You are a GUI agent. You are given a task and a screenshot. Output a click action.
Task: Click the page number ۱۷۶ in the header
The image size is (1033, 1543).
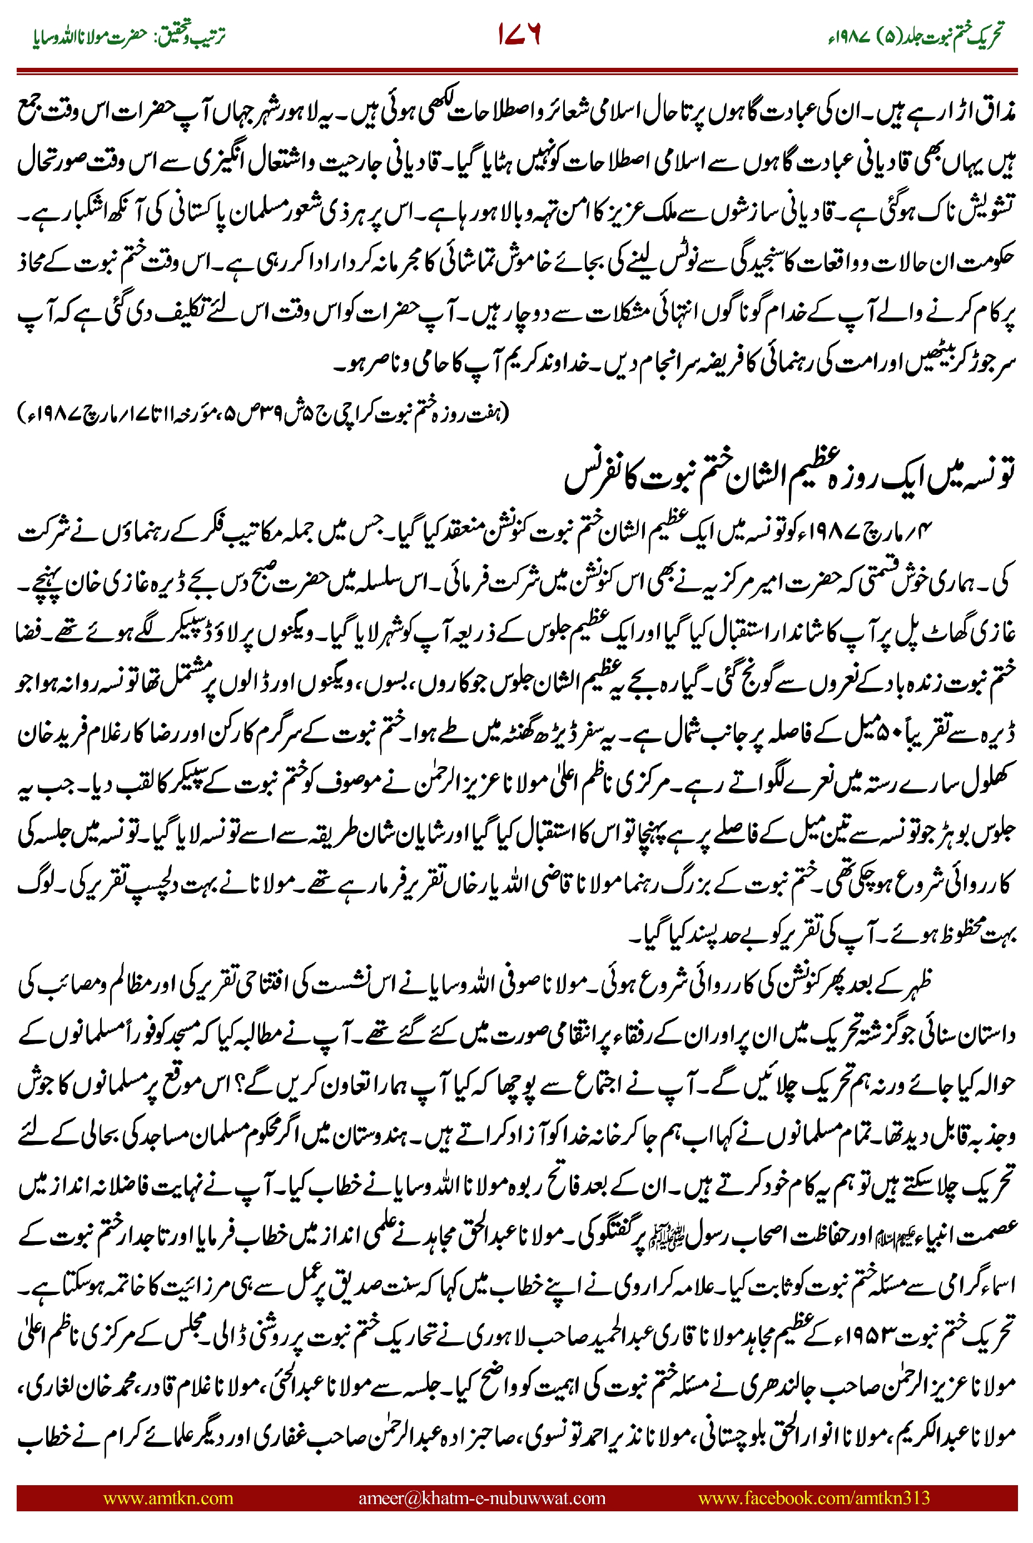tap(519, 34)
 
